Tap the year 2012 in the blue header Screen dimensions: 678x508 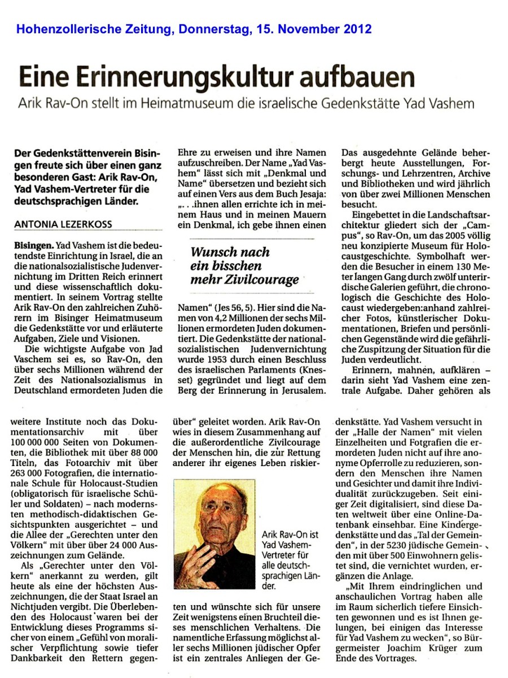click(354, 29)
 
